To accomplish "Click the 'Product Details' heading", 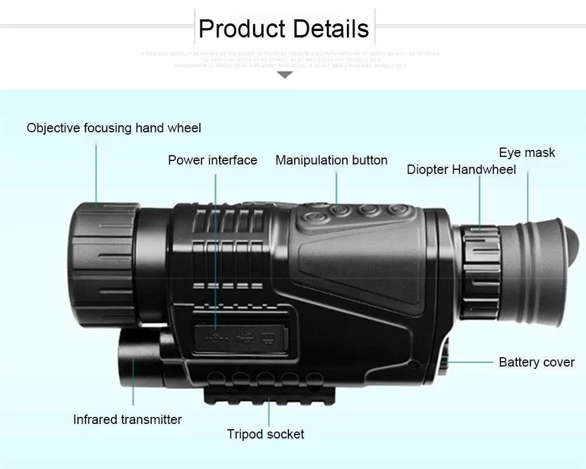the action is (284, 29).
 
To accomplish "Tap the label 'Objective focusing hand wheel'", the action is (114, 128).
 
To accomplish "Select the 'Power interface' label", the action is (212, 160).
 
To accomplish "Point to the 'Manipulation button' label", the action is (331, 160).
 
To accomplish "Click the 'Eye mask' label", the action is (527, 153).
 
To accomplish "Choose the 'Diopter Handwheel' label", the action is (461, 170).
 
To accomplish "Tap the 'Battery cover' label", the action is (536, 362).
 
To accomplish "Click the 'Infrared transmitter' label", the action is (127, 419).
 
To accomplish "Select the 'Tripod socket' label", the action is (265, 434).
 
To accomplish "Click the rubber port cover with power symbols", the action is (240, 337).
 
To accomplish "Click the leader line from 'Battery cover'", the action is (469, 362).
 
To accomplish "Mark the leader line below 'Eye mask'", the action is (527, 193).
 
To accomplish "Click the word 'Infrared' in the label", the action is (96, 419).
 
